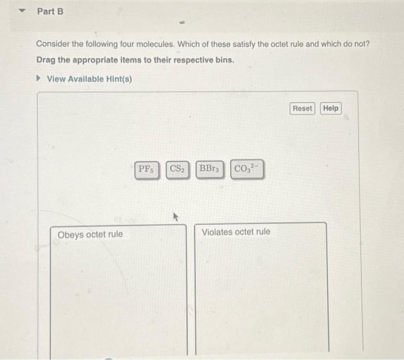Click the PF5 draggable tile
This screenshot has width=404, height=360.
pos(146,170)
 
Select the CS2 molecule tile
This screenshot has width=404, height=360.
pos(177,170)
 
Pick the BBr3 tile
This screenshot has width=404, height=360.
pos(209,170)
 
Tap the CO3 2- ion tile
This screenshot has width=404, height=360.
pos(247,170)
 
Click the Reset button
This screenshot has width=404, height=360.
pos(302,109)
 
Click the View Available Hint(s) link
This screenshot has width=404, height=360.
pos(89,79)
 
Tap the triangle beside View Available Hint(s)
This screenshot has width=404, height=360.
pos(39,79)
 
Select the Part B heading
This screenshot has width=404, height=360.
pos(50,11)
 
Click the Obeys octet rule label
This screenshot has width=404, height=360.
pos(90,235)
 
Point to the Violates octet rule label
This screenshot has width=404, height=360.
pos(235,232)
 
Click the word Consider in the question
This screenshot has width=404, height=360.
pos(54,44)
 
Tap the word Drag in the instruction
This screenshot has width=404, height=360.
pos(47,60)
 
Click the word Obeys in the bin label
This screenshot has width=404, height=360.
pos(70,235)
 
